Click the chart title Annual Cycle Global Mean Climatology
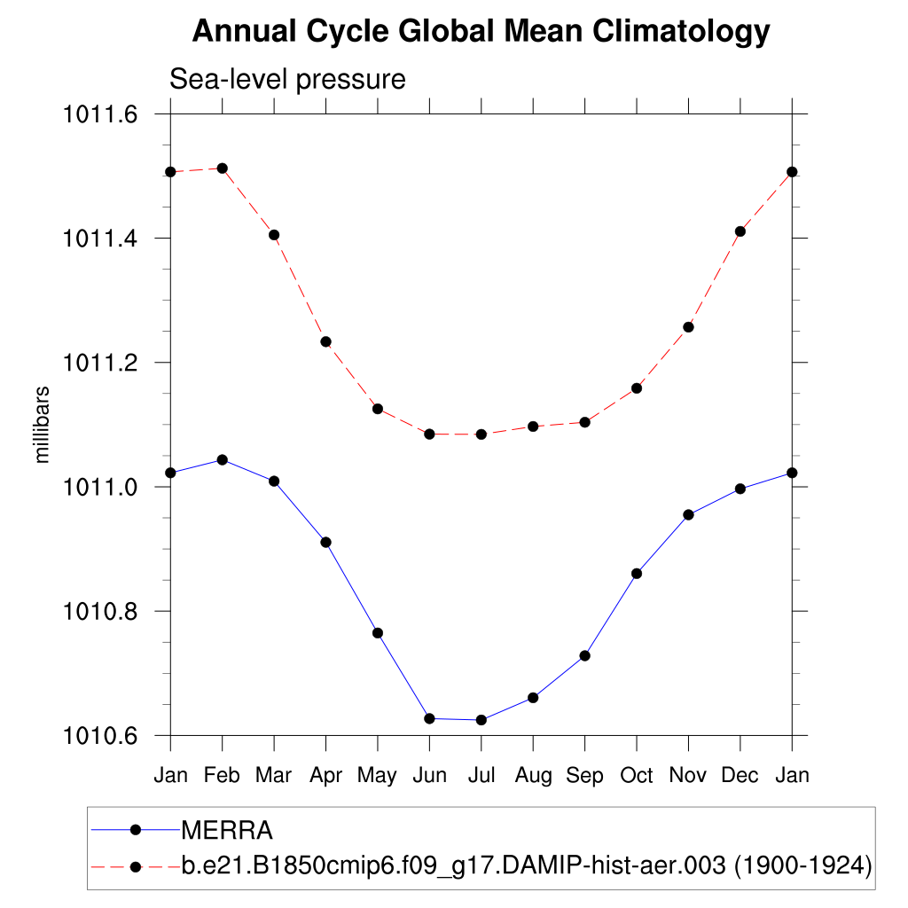click(481, 32)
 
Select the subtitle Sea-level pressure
click(287, 80)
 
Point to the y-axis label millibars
click(42, 425)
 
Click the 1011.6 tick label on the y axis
click(98, 114)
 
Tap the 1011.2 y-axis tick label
click(98, 363)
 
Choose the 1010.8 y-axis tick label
click(98, 611)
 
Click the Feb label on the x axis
click(222, 775)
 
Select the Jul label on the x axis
click(481, 775)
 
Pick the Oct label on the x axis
click(637, 775)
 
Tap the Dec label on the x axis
click(740, 775)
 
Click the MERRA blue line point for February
click(223, 459)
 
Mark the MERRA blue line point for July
click(481, 720)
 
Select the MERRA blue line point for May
click(378, 632)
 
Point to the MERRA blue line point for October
click(637, 574)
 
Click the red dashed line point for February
click(223, 168)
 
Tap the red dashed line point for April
click(326, 341)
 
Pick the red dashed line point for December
click(740, 231)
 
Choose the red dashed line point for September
click(585, 422)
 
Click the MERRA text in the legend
click(227, 831)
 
